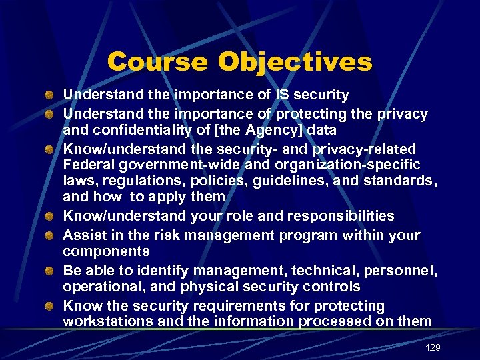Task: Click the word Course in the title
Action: tap(157, 62)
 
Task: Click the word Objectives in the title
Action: tap(295, 62)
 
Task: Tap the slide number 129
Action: tap(433, 348)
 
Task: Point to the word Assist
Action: tap(82, 235)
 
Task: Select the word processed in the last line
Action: tap(330, 322)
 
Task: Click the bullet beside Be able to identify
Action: tap(50, 271)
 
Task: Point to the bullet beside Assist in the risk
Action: tap(50, 235)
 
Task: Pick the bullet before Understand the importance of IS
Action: tap(50, 95)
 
